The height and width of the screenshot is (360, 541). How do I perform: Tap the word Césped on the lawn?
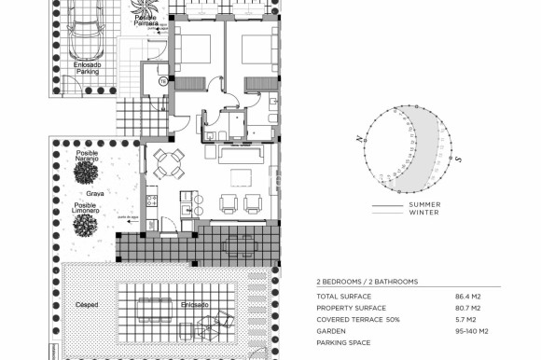pyautogui.click(x=87, y=303)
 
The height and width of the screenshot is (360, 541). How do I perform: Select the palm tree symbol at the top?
pyautogui.click(x=145, y=7)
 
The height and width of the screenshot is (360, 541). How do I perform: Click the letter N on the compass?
pyautogui.click(x=358, y=139)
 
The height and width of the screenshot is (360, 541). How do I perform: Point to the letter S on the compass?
pyautogui.click(x=459, y=159)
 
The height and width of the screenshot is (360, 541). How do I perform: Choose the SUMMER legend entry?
pyautogui.click(x=424, y=204)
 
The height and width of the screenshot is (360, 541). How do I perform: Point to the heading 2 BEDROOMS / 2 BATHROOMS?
pyautogui.click(x=368, y=281)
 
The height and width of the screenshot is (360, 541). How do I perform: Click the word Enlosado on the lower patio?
pyautogui.click(x=195, y=303)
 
